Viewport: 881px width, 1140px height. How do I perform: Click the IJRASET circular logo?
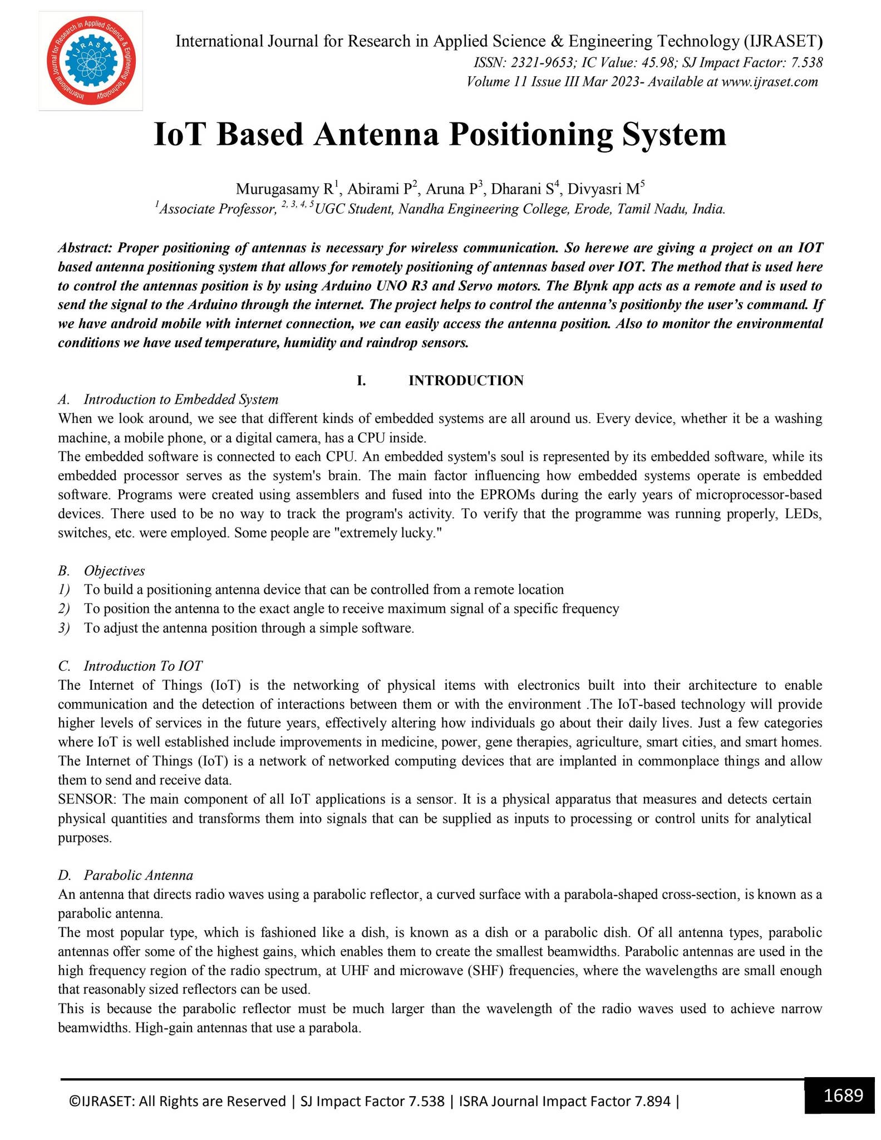[91, 61]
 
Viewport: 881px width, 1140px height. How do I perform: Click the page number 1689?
[843, 1094]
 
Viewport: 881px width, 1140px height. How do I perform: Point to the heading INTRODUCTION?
[466, 380]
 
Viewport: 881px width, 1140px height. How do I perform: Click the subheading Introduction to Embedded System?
[181, 399]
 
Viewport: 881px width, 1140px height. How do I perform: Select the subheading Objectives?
[114, 571]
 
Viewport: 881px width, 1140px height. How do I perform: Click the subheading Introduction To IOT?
[143, 666]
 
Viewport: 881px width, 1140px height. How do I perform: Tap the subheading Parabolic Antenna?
[139, 875]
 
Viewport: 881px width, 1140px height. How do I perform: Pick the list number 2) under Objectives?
[65, 609]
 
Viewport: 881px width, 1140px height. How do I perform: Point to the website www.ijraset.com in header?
[770, 82]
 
